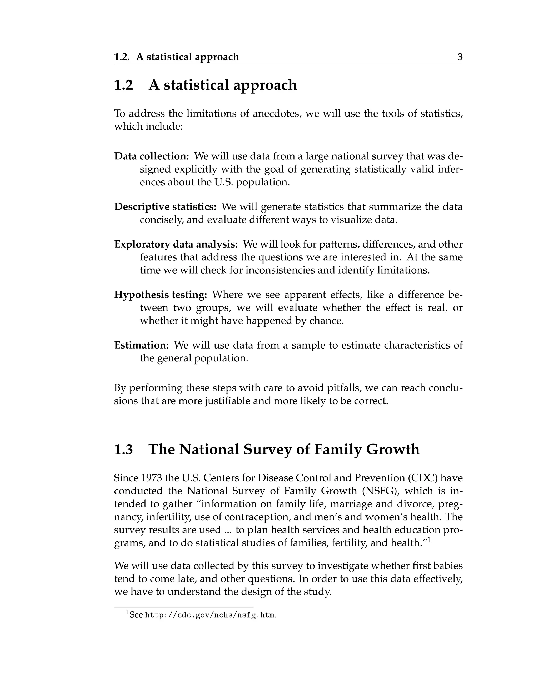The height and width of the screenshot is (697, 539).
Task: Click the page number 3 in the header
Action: tap(460, 57)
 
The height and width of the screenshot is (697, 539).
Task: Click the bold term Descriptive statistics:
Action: tap(165, 206)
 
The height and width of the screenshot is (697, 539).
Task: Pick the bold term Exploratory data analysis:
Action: tap(176, 244)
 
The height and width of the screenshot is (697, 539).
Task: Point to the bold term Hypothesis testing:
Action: tap(161, 295)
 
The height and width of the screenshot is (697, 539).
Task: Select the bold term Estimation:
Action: tap(141, 345)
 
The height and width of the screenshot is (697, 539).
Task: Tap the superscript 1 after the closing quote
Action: tap(430, 540)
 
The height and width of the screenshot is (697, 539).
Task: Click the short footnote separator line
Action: tap(184, 607)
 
